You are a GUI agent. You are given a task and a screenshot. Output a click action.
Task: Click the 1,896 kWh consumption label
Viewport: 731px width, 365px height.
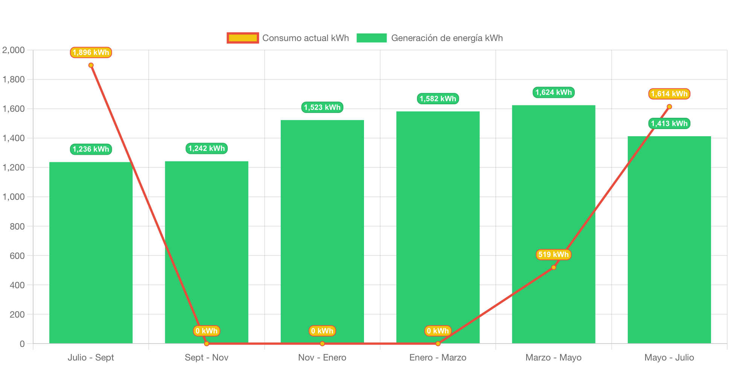pos(91,52)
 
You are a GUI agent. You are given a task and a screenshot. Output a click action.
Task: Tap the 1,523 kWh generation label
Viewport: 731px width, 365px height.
pos(322,107)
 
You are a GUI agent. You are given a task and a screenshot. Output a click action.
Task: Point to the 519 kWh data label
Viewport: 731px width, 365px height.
pos(553,254)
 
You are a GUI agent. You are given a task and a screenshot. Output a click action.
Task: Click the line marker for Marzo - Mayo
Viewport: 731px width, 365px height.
pos(553,268)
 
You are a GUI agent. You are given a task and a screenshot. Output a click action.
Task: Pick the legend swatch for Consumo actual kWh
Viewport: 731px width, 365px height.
pos(243,38)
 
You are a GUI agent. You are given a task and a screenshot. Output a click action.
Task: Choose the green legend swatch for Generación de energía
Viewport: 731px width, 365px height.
pos(372,38)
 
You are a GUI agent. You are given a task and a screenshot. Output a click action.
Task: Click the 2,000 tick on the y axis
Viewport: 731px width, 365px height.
pos(14,50)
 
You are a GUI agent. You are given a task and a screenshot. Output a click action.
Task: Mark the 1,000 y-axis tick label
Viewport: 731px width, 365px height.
pos(14,197)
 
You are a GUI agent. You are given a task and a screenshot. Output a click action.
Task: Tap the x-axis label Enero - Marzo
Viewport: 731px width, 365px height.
pos(438,357)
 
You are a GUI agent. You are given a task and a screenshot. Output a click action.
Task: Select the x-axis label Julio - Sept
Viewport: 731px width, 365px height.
pos(91,357)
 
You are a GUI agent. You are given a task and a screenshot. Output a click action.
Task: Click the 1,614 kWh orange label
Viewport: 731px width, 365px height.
pos(669,94)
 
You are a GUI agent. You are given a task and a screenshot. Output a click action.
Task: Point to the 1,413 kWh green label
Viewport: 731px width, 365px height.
pos(669,123)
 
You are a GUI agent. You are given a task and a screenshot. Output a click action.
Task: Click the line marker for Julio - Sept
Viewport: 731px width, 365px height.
pos(91,65)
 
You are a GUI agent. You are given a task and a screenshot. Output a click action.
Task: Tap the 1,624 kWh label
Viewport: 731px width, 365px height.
pos(553,92)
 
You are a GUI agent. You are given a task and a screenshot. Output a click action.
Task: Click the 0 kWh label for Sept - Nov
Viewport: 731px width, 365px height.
pos(206,331)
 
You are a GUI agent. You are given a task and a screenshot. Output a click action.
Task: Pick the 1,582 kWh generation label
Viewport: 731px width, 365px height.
pos(438,99)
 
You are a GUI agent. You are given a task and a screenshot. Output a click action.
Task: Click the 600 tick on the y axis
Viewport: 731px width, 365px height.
pos(17,256)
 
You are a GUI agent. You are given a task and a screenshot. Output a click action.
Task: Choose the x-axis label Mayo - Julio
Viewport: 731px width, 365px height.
pos(669,357)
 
